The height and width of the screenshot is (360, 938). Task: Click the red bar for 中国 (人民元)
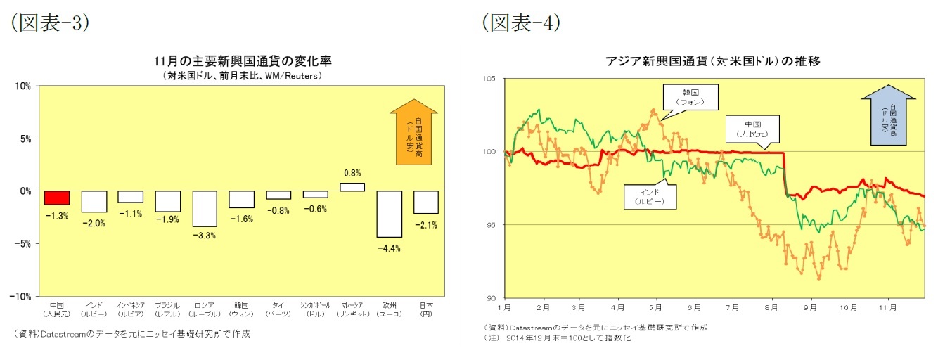pyautogui.click(x=57, y=198)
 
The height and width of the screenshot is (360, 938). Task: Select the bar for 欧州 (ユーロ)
pyautogui.click(x=390, y=214)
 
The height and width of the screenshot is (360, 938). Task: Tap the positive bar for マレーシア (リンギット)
pyautogui.click(x=352, y=187)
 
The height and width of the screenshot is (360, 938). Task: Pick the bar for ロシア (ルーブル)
pyautogui.click(x=205, y=208)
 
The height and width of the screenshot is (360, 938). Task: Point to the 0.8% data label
pyautogui.click(x=352, y=173)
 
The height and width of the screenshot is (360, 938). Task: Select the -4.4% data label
pyautogui.click(x=390, y=248)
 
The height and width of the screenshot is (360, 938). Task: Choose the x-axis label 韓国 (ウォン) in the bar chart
pyautogui.click(x=241, y=309)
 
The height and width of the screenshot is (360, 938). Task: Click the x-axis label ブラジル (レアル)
pyautogui.click(x=167, y=309)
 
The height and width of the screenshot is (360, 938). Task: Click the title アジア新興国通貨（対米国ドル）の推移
pyautogui.click(x=713, y=61)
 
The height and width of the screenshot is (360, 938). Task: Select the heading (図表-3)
pyautogui.click(x=49, y=23)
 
